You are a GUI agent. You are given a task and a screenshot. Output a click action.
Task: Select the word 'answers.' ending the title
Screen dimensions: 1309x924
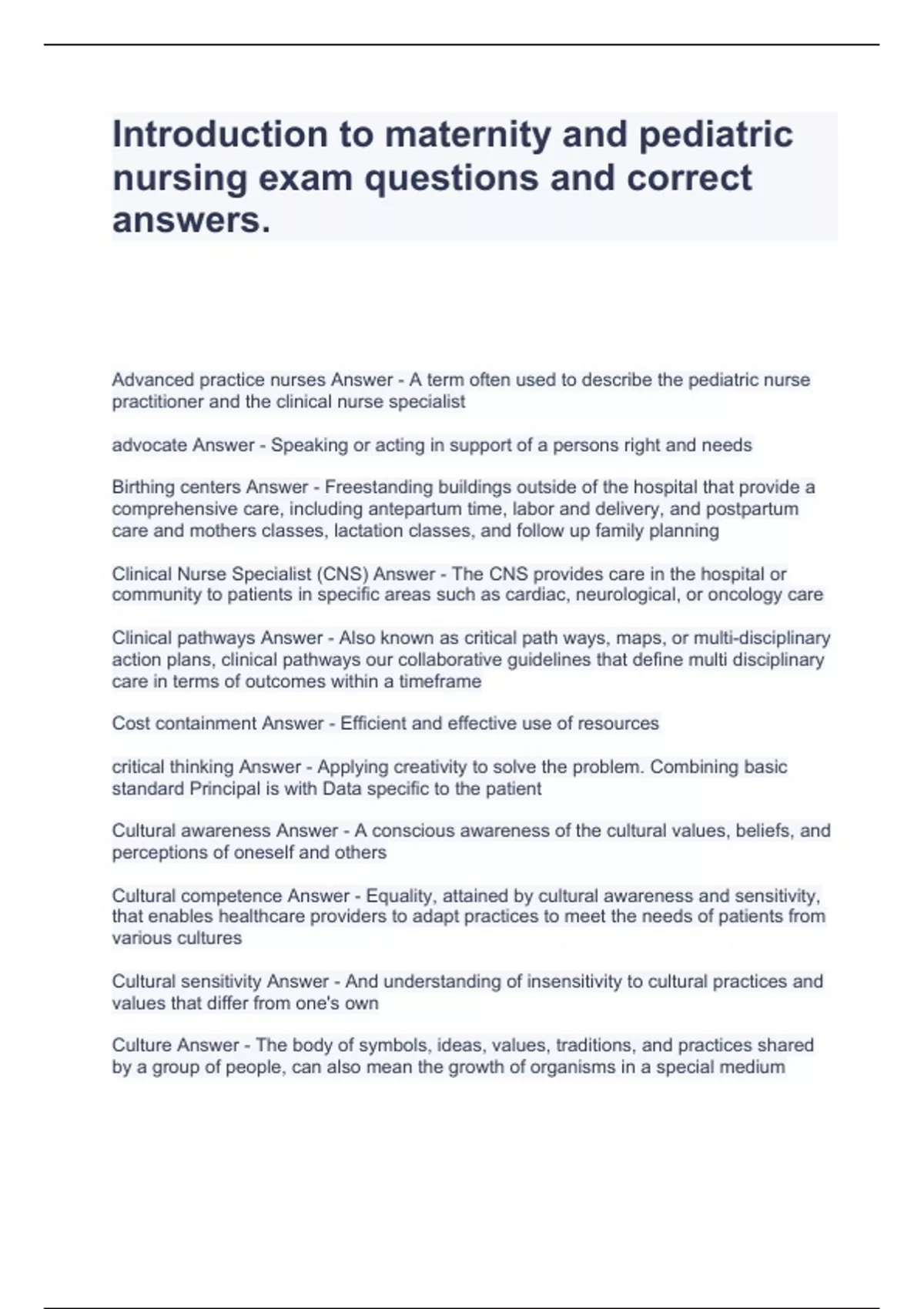coord(192,220)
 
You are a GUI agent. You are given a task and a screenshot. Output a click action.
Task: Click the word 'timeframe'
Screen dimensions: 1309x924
coord(440,681)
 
